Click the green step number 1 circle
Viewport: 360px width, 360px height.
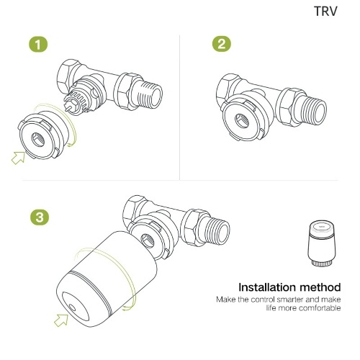pos(38,45)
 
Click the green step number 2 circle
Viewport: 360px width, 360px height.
pos(222,44)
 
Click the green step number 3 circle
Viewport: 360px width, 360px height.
pos(40,217)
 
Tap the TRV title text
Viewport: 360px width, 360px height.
pos(325,11)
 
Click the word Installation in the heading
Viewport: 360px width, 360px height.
pos(267,287)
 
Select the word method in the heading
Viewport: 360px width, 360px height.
pos(320,287)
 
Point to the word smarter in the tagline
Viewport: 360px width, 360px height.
pos(290,300)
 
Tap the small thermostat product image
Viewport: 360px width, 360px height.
pos(321,243)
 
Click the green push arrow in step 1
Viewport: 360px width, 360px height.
pos(19,158)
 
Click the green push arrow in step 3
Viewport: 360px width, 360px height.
pos(61,320)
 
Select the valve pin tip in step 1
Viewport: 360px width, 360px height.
pos(66,109)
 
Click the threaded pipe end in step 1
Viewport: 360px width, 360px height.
pos(151,94)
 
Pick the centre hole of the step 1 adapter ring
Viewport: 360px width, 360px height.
pos(38,140)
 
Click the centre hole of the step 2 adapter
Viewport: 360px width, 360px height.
pos(242,120)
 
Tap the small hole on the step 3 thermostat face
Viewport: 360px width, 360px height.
pos(71,308)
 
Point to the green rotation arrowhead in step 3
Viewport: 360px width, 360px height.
pos(125,308)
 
